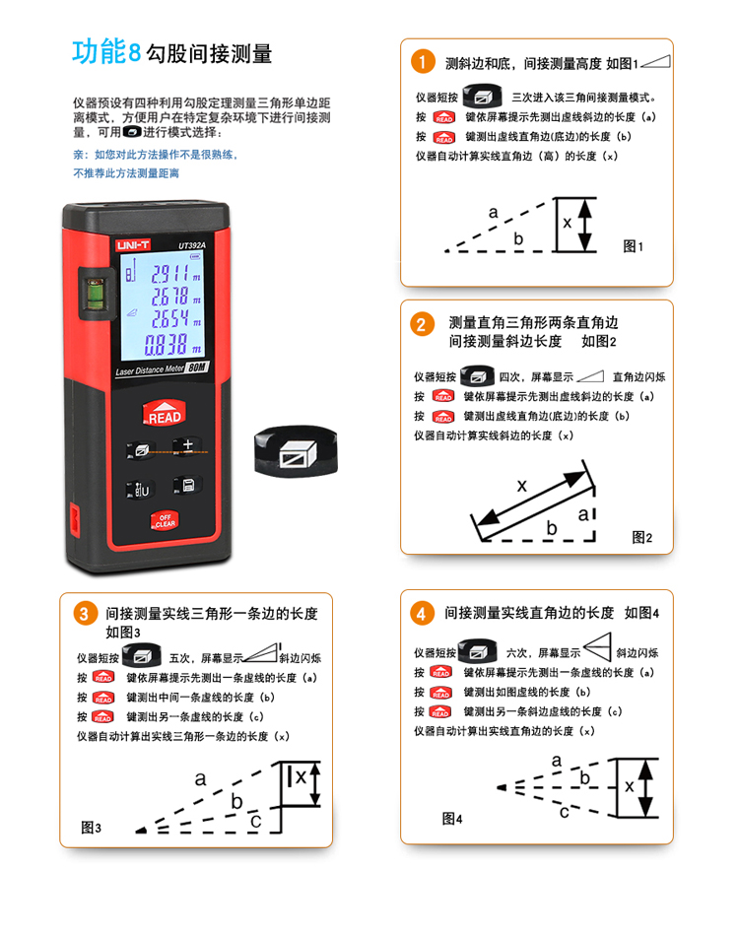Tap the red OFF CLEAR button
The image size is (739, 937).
click(165, 521)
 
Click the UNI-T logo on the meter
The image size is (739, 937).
click(133, 245)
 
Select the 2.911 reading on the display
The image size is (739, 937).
click(169, 274)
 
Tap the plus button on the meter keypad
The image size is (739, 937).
click(187, 444)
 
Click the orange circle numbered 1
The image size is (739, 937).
click(423, 62)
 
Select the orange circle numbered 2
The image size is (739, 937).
click(422, 324)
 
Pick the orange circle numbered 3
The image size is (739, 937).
click(85, 614)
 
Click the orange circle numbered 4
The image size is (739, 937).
click(422, 613)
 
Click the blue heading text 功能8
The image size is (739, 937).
click(106, 52)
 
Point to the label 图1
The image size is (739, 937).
click(633, 246)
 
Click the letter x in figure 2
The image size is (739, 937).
click(521, 485)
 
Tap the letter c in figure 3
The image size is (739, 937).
click(255, 821)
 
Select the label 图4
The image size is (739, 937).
click(451, 818)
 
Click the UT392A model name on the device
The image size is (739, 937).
click(192, 245)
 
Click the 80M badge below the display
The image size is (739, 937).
click(196, 367)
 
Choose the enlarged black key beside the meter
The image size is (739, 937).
click(296, 451)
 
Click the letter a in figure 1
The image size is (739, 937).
click(493, 212)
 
